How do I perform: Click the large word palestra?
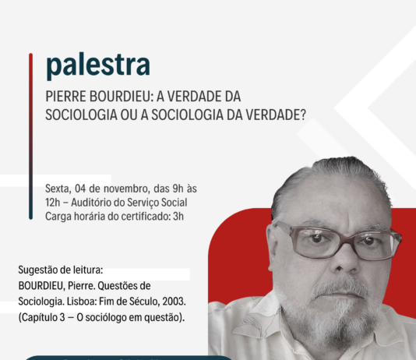[98, 65]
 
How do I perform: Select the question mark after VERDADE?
[303, 115]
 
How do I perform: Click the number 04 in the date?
[80, 189]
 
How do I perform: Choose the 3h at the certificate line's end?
[178, 216]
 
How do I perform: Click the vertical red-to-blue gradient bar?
[31, 136]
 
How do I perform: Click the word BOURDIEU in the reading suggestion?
[41, 286]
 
